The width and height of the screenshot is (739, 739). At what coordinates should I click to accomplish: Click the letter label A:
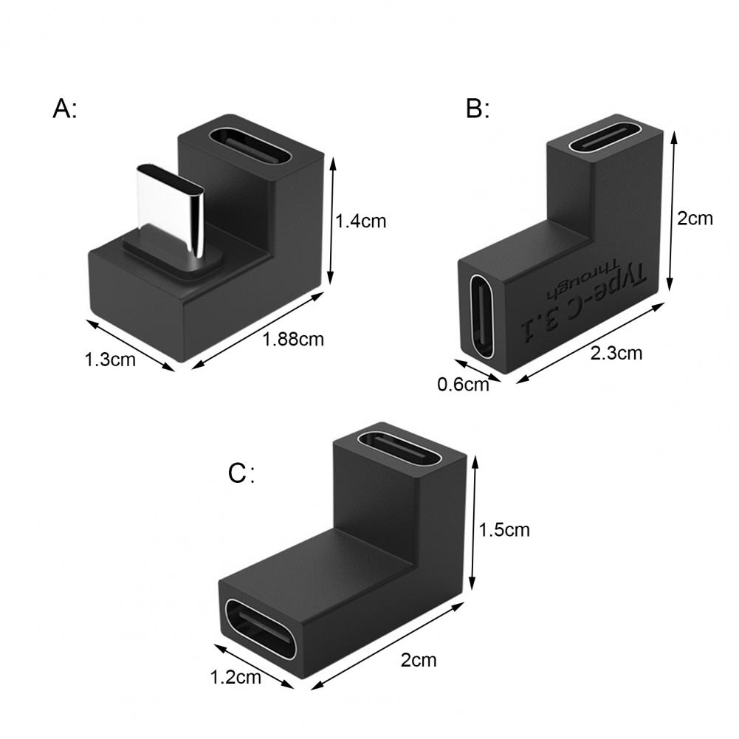64,109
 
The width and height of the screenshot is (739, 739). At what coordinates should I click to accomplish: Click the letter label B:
478,109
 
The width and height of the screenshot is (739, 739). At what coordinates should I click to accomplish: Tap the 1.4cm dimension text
360,221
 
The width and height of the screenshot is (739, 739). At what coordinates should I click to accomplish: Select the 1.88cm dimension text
293,340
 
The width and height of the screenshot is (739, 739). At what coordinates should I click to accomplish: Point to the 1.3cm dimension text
110,360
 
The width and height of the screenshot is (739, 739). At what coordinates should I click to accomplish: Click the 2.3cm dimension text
616,353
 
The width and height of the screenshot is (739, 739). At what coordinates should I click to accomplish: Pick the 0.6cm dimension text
463,385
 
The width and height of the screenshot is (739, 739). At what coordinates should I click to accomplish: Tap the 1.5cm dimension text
503,530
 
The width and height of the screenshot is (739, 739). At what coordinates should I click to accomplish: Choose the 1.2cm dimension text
236,678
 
